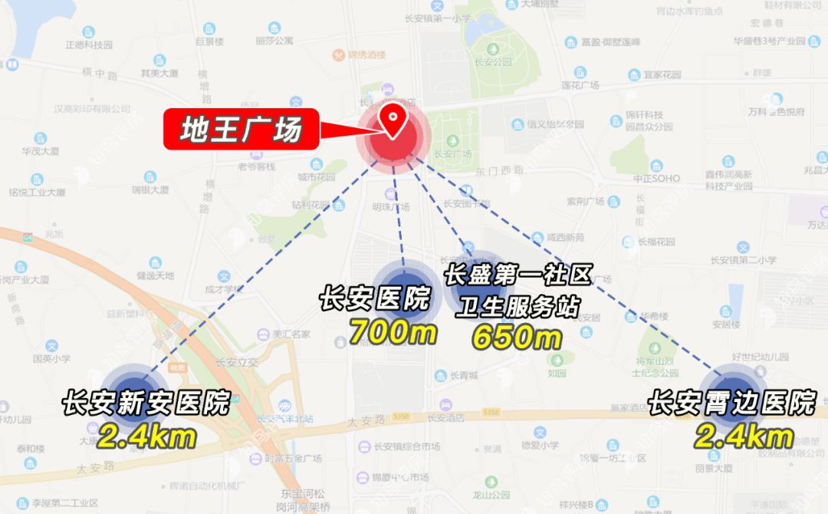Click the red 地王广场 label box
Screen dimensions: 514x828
coord(240,130)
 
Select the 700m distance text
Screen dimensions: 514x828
coord(393,331)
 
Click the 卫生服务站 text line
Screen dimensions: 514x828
coord(517,307)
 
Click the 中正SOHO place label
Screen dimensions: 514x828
coord(656,178)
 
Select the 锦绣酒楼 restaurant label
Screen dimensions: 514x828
coord(365,55)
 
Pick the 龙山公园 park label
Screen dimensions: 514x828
coord(491,496)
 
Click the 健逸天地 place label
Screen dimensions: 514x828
coord(156,275)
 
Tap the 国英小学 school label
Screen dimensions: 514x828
coord(51,357)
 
